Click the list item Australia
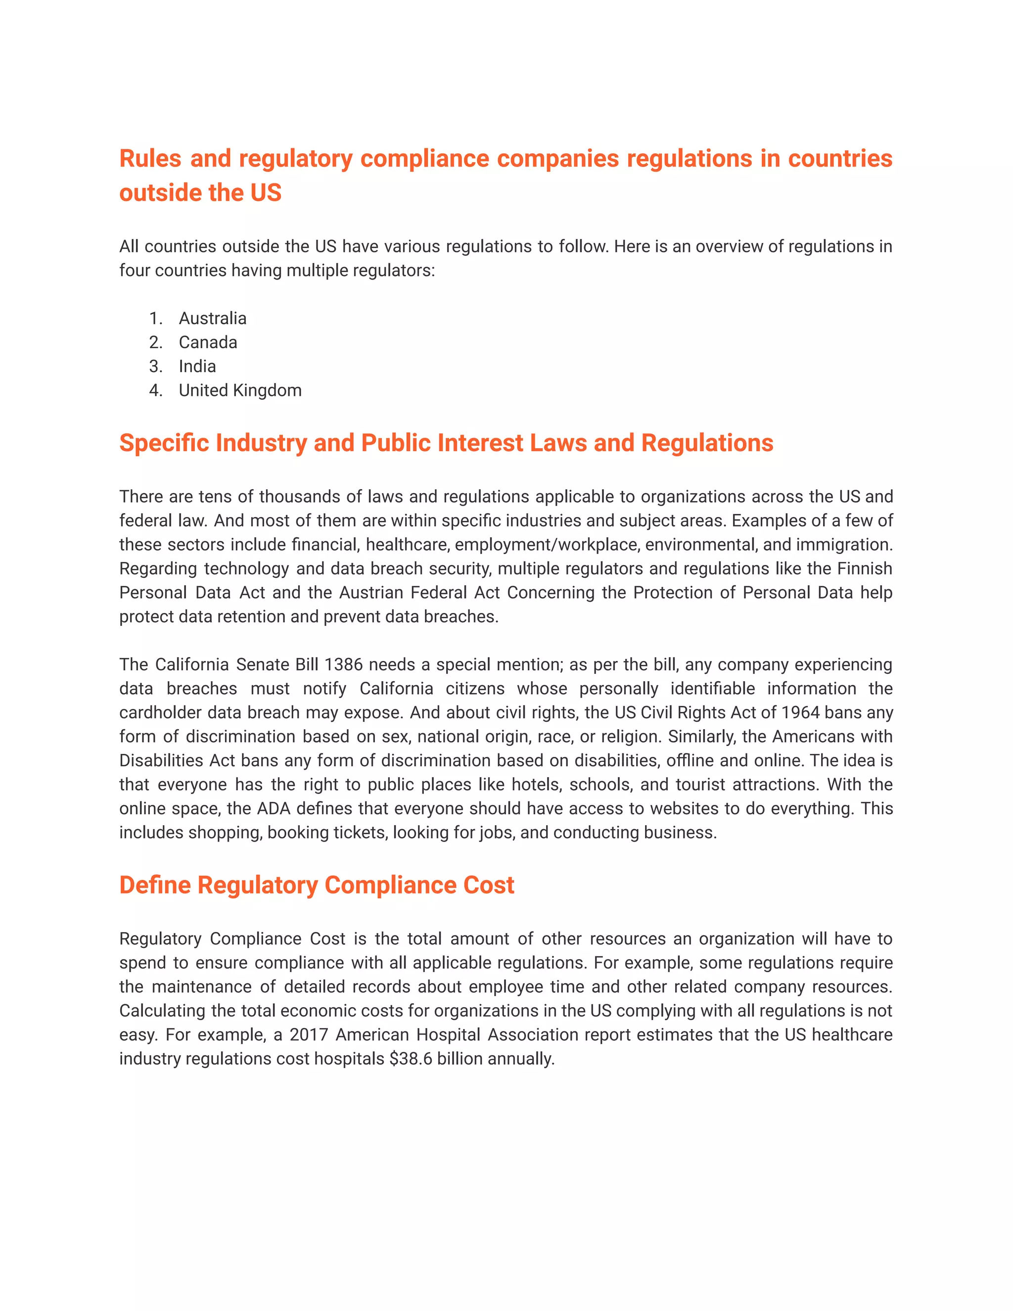pos(212,318)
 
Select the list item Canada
pos(208,342)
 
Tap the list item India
pos(197,366)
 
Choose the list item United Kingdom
pos(240,390)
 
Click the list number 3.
pos(155,366)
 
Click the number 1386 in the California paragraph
pos(343,664)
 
